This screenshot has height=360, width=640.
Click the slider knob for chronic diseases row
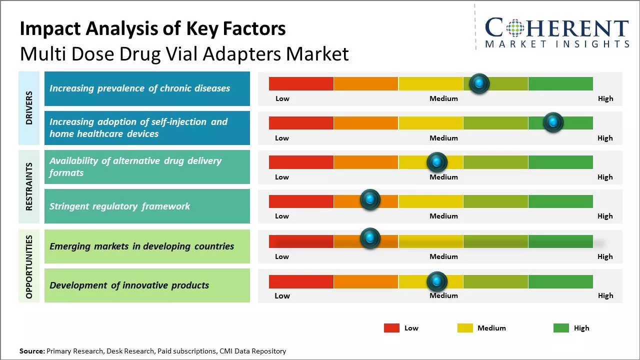click(479, 83)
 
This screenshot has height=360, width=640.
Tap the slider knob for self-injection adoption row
click(553, 122)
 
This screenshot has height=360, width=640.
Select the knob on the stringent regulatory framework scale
click(370, 200)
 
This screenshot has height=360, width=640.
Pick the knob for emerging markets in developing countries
click(370, 238)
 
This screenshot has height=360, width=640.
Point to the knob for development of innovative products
click(436, 282)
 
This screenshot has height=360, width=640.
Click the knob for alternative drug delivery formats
click(436, 162)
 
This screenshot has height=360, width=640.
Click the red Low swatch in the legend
click(391, 328)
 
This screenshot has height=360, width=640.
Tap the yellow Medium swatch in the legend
click(465, 328)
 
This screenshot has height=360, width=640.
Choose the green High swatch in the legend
click(561, 328)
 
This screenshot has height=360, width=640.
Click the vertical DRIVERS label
click(28, 107)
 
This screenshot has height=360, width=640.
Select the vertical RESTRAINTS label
click(28, 186)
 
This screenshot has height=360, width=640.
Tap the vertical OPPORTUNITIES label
click(28, 266)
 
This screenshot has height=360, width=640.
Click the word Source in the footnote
click(32, 351)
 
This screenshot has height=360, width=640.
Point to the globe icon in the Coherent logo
click(514, 29)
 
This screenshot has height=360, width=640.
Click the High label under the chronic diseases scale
click(605, 98)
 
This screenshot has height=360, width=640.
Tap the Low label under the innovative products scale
click(282, 295)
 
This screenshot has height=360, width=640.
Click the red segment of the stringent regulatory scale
click(301, 201)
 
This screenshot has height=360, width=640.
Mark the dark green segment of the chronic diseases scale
click(560, 83)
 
